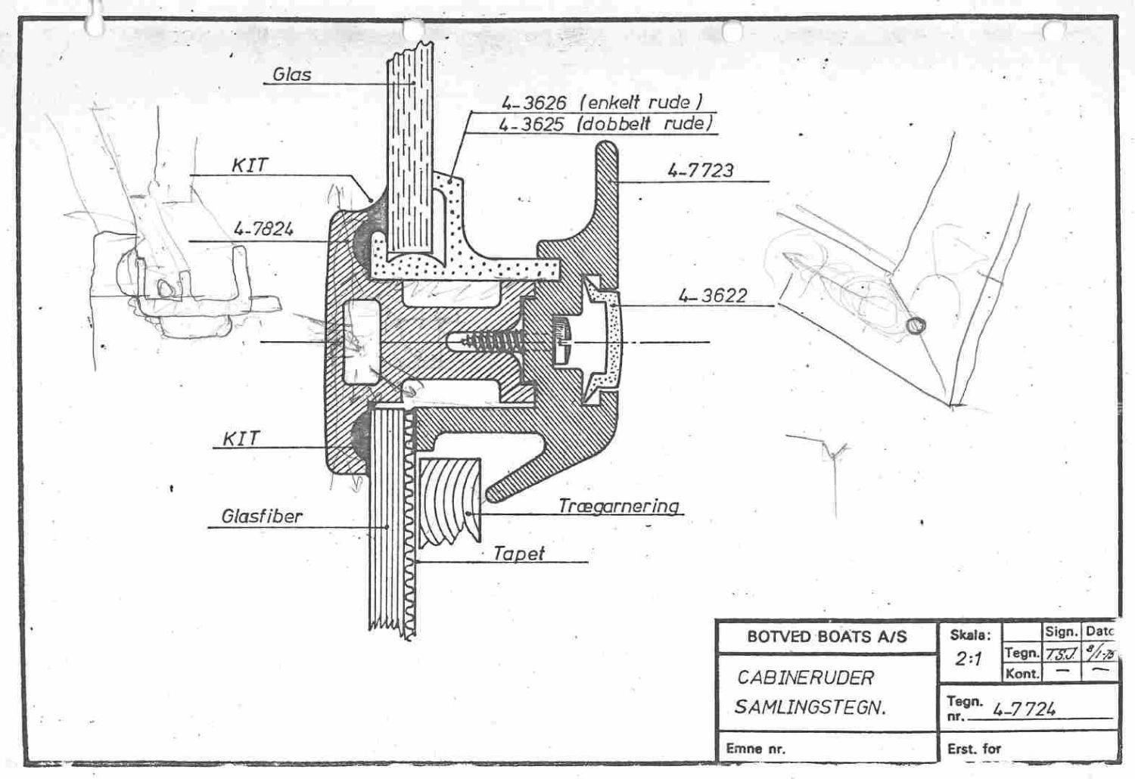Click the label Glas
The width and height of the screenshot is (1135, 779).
[292, 74]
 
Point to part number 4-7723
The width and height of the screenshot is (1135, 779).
[700, 170]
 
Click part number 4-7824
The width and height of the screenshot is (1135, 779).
[263, 228]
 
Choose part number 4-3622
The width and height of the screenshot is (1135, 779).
[712, 295]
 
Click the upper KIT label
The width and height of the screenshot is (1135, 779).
[249, 166]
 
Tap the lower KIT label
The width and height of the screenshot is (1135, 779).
[241, 439]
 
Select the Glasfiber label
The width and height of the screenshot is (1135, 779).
[262, 517]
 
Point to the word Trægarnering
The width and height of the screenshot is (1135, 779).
[619, 505]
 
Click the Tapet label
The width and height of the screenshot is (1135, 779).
[518, 553]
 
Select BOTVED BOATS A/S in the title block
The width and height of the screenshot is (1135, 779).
[826, 637]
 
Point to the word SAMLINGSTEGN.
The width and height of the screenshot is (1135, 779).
[810, 708]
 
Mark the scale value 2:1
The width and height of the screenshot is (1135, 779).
[968, 659]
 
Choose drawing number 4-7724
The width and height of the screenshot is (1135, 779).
[1024, 709]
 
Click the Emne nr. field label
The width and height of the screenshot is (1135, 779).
[755, 749]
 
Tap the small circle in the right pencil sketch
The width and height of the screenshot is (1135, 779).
[916, 325]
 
